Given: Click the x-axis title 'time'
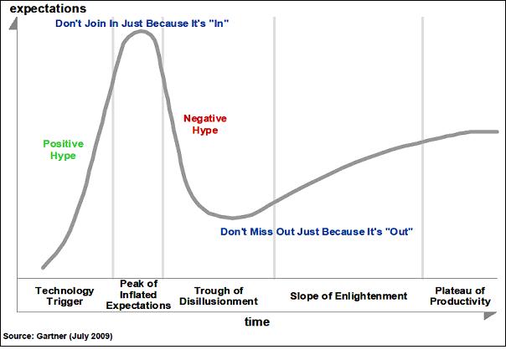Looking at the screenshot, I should point(256,321).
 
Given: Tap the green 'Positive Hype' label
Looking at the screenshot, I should point(64,150).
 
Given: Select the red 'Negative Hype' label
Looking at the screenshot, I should point(205,125).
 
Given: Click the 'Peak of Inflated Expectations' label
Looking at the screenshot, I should point(139,295).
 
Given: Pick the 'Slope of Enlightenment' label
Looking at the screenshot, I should point(349,296).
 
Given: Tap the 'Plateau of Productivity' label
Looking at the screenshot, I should point(460,296).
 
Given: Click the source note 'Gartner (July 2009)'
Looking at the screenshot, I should point(58,336).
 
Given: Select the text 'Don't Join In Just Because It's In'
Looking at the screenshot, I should point(142,23).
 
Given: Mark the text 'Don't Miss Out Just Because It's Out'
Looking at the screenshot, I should point(317,230).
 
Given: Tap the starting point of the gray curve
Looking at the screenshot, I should point(43,268).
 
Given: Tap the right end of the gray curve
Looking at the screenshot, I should point(498,131).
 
